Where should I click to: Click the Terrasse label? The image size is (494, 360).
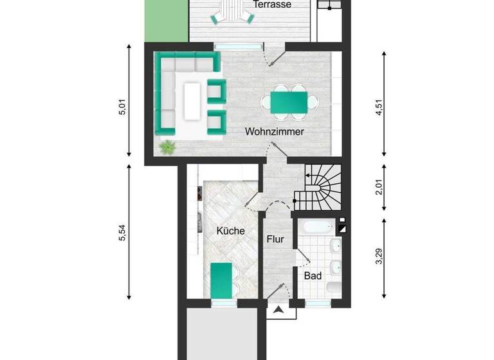click(273, 4)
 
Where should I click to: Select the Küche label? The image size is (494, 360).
click(230, 231)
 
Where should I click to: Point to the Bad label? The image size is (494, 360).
click(313, 275)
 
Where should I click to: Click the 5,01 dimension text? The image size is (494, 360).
click(122, 107)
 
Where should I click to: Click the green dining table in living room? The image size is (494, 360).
click(288, 102)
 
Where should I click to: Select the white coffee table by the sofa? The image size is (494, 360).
click(192, 101)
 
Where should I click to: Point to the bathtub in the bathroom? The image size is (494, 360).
click(316, 227)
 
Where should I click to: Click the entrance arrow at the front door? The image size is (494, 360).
click(278, 312)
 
